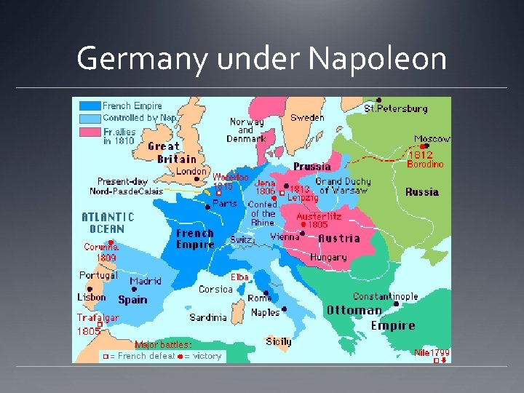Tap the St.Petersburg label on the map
coord(396,108)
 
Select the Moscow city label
coord(432,138)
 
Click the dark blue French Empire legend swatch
coord(90,106)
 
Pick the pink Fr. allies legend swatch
coord(90,132)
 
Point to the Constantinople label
coord(385,296)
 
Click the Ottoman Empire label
coord(371,318)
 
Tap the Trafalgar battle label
coord(98,318)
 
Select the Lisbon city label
coord(92,297)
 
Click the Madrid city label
coord(145,282)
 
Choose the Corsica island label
coord(215,289)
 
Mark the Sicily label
coord(278,341)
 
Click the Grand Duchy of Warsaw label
coord(343,186)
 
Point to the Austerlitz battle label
coord(318,216)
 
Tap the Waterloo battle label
coord(231,177)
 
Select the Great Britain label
coord(172,152)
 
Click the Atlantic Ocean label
coord(108,223)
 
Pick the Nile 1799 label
coord(432,353)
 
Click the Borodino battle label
coord(424,164)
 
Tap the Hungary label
coord(328,257)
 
